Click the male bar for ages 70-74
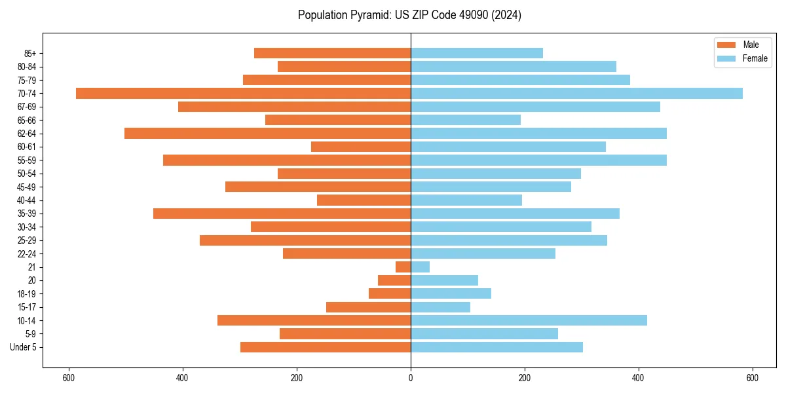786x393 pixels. [x=243, y=93]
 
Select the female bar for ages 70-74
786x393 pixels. [x=576, y=93]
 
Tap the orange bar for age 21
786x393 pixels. [x=403, y=267]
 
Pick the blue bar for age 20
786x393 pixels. [x=444, y=280]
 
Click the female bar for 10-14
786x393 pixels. [x=529, y=320]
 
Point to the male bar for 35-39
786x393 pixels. [x=282, y=214]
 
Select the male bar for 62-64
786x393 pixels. [x=267, y=133]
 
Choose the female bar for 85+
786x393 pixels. [x=477, y=53]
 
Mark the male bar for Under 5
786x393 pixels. [x=326, y=347]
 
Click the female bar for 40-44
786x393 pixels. [x=466, y=200]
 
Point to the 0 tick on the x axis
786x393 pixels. [x=411, y=377]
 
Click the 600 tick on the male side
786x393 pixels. [x=68, y=377]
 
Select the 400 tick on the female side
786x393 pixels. [x=639, y=377]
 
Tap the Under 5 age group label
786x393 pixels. [x=23, y=347]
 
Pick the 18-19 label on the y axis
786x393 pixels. [x=27, y=293]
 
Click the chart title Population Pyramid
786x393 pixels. [x=409, y=15]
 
